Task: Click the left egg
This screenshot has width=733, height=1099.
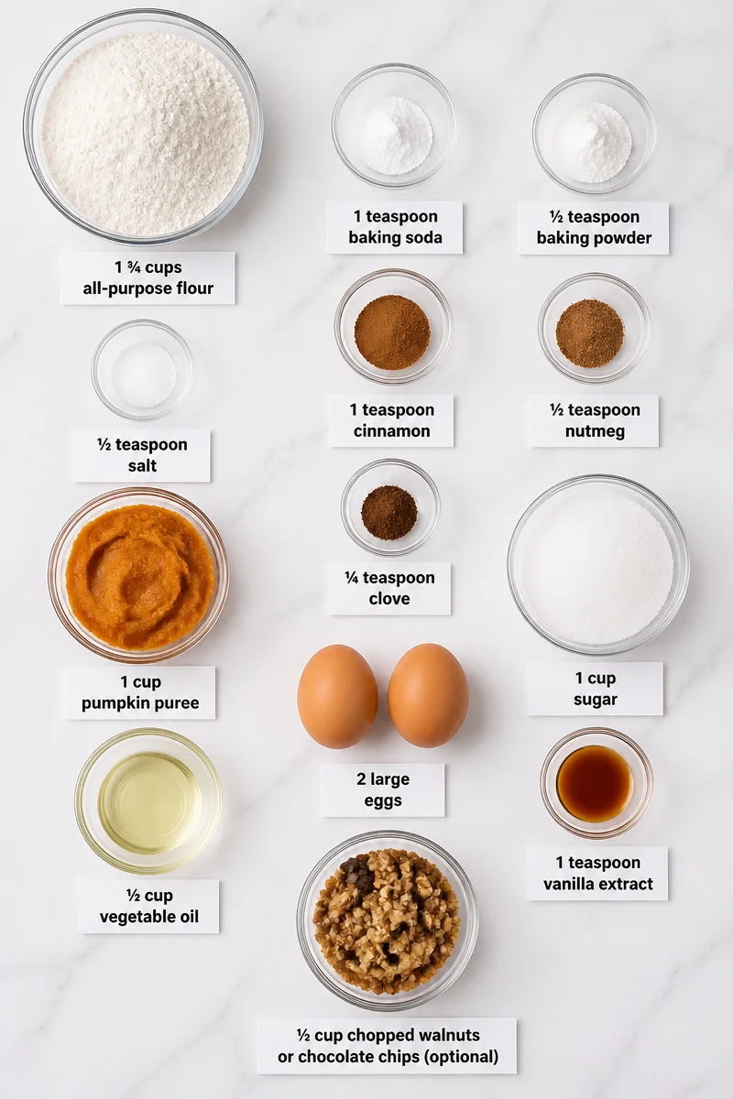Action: (x=337, y=696)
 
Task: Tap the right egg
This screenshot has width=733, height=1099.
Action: (x=428, y=695)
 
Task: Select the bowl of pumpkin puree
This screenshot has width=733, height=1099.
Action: (x=138, y=574)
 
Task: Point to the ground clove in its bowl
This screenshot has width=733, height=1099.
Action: (x=389, y=512)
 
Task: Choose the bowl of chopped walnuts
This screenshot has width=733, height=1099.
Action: (x=388, y=921)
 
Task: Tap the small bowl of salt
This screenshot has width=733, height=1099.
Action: (x=142, y=370)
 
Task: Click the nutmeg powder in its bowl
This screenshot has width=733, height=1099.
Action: (x=590, y=332)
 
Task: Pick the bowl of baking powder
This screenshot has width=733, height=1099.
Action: (x=594, y=134)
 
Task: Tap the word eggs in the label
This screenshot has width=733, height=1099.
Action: (x=383, y=800)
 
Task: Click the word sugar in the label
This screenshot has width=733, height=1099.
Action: (x=595, y=700)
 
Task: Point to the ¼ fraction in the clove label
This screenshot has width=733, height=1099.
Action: (x=351, y=578)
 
